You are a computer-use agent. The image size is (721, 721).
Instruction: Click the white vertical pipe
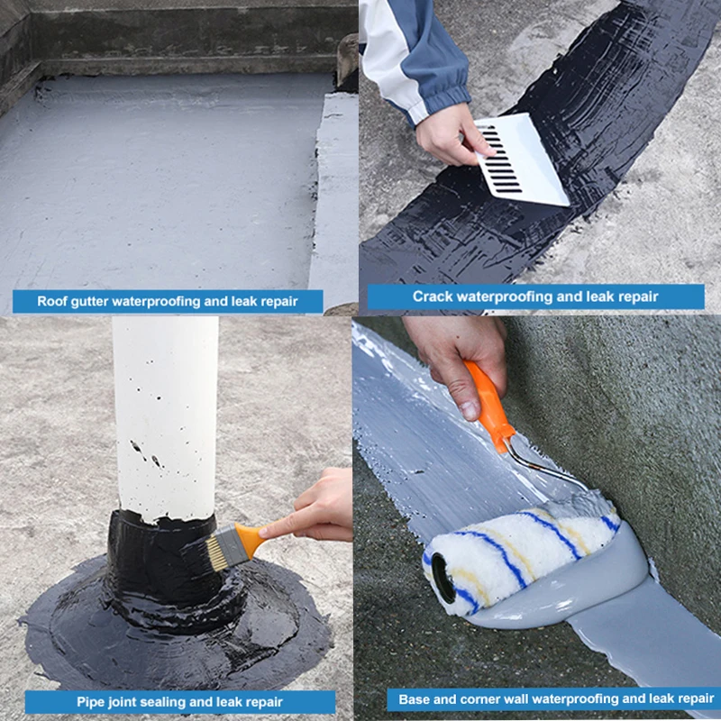167,418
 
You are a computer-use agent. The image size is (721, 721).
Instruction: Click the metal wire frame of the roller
543,464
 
